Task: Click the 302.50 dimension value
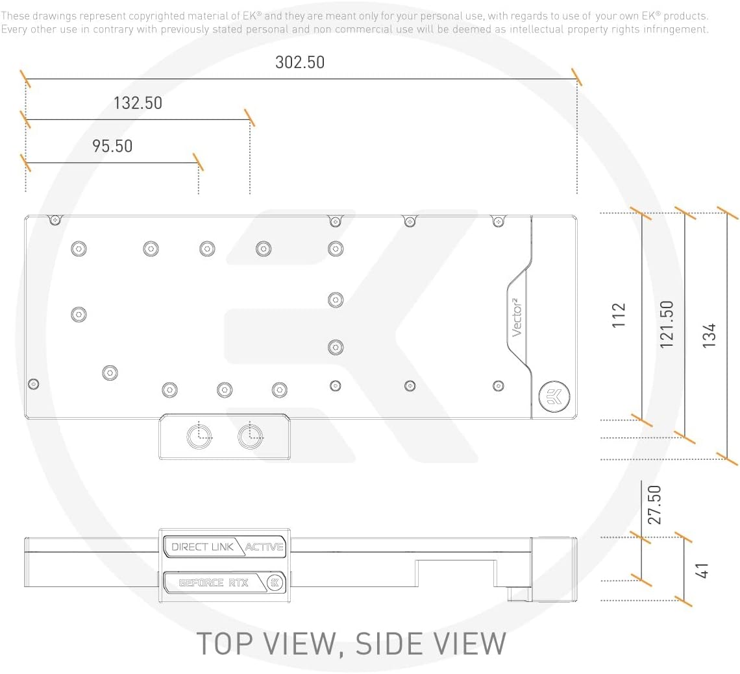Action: tap(300, 62)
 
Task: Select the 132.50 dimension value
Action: tap(138, 103)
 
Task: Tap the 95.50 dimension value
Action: tap(112, 146)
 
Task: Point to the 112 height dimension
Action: tap(618, 315)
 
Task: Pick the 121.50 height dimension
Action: tap(667, 324)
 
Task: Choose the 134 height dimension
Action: tap(709, 335)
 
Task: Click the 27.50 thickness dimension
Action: tap(654, 505)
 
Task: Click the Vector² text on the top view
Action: tap(517, 317)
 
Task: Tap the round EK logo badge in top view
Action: tap(554, 396)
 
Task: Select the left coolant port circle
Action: tap(199, 437)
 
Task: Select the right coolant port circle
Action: tap(250, 437)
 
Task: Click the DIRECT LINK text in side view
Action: tap(203, 547)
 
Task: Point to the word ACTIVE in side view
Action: tap(264, 547)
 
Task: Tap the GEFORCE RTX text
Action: tap(214, 583)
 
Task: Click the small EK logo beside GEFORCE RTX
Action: tap(275, 583)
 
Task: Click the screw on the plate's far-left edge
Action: tap(34, 384)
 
